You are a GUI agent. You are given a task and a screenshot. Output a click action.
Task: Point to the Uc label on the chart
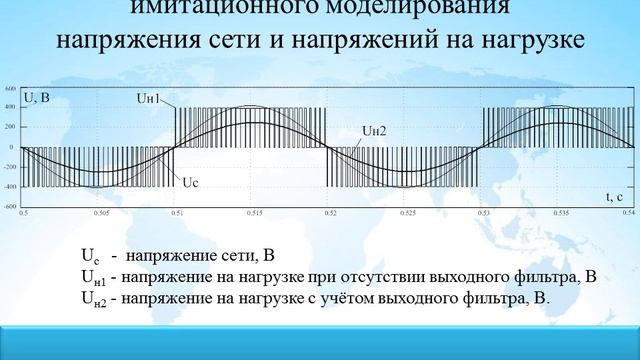click(192, 183)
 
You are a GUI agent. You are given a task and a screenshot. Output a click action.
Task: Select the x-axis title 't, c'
click(615, 199)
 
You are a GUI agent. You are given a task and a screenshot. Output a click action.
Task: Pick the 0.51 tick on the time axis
click(176, 213)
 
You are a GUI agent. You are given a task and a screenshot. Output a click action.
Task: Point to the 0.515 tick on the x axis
click(253, 213)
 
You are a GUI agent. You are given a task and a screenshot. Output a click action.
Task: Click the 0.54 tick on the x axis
click(629, 213)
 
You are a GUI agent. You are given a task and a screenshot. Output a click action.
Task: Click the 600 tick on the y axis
click(10, 90)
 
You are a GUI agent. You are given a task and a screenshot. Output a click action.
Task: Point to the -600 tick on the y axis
click(9, 207)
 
